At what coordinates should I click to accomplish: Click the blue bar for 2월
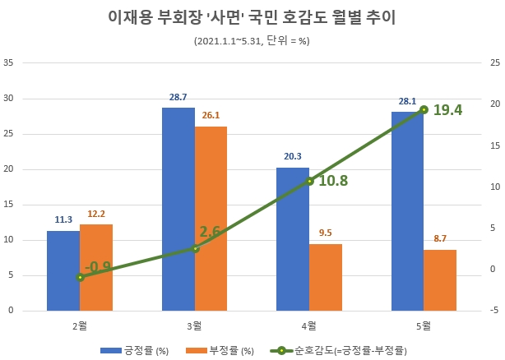point(63,271)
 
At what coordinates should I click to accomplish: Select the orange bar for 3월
point(211,219)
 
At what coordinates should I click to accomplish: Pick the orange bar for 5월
point(440,280)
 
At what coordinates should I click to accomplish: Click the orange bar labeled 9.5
point(325,277)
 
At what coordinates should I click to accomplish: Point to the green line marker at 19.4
point(424,109)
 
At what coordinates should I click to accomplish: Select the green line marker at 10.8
point(309,181)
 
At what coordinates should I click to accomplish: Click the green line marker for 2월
point(80,277)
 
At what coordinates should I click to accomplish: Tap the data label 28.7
point(178,97)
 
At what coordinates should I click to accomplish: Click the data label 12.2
point(96,214)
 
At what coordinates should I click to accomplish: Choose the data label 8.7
point(440,238)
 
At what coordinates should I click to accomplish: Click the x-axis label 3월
point(194,326)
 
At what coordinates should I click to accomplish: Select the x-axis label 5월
point(424,326)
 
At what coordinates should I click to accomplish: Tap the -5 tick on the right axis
point(493,311)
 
